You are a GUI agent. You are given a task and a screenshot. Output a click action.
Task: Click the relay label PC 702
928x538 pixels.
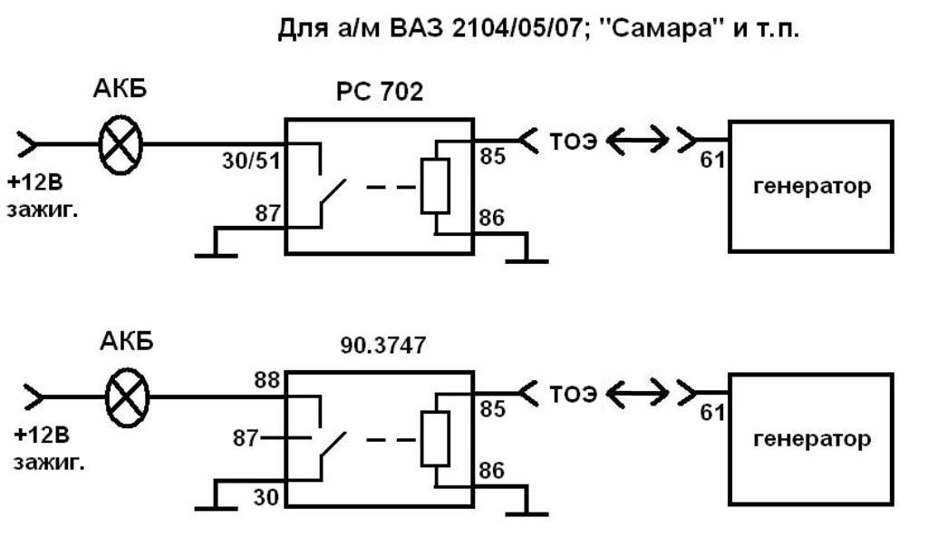click(380, 93)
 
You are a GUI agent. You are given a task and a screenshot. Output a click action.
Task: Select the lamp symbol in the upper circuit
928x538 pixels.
click(120, 143)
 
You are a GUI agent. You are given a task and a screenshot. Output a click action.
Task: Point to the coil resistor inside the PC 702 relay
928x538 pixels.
click(436, 186)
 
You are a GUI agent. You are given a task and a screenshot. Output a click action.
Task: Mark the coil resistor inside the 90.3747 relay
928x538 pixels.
click(436, 439)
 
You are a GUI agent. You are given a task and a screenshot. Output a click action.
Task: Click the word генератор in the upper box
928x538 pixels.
click(811, 187)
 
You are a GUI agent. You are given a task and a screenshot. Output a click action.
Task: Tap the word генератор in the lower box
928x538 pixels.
click(811, 439)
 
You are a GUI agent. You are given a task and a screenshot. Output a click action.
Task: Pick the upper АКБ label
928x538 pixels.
click(121, 91)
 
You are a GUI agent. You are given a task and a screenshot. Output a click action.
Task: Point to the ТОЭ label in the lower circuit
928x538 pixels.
click(572, 395)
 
